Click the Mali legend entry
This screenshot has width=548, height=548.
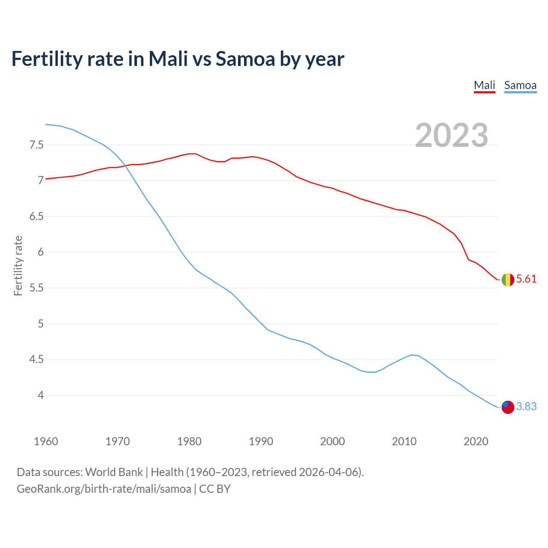484,85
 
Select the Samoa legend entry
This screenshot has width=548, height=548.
520,85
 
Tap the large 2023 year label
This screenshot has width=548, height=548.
452,135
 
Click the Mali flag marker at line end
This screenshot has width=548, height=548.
508,280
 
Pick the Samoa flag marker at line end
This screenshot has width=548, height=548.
508,407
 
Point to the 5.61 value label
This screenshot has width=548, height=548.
526,279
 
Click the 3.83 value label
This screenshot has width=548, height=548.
526,407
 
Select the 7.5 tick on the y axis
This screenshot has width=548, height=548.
36,145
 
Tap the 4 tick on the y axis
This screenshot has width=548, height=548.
41,395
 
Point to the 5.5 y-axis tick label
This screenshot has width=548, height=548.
36,288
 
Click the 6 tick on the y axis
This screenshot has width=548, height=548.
41,252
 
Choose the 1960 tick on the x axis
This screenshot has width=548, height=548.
46,441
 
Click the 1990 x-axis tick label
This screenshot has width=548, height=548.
261,441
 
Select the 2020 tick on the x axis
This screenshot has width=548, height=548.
476,441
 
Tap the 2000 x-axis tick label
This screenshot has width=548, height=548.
332,441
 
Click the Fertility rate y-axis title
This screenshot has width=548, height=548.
18,265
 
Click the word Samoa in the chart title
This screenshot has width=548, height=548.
245,59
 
